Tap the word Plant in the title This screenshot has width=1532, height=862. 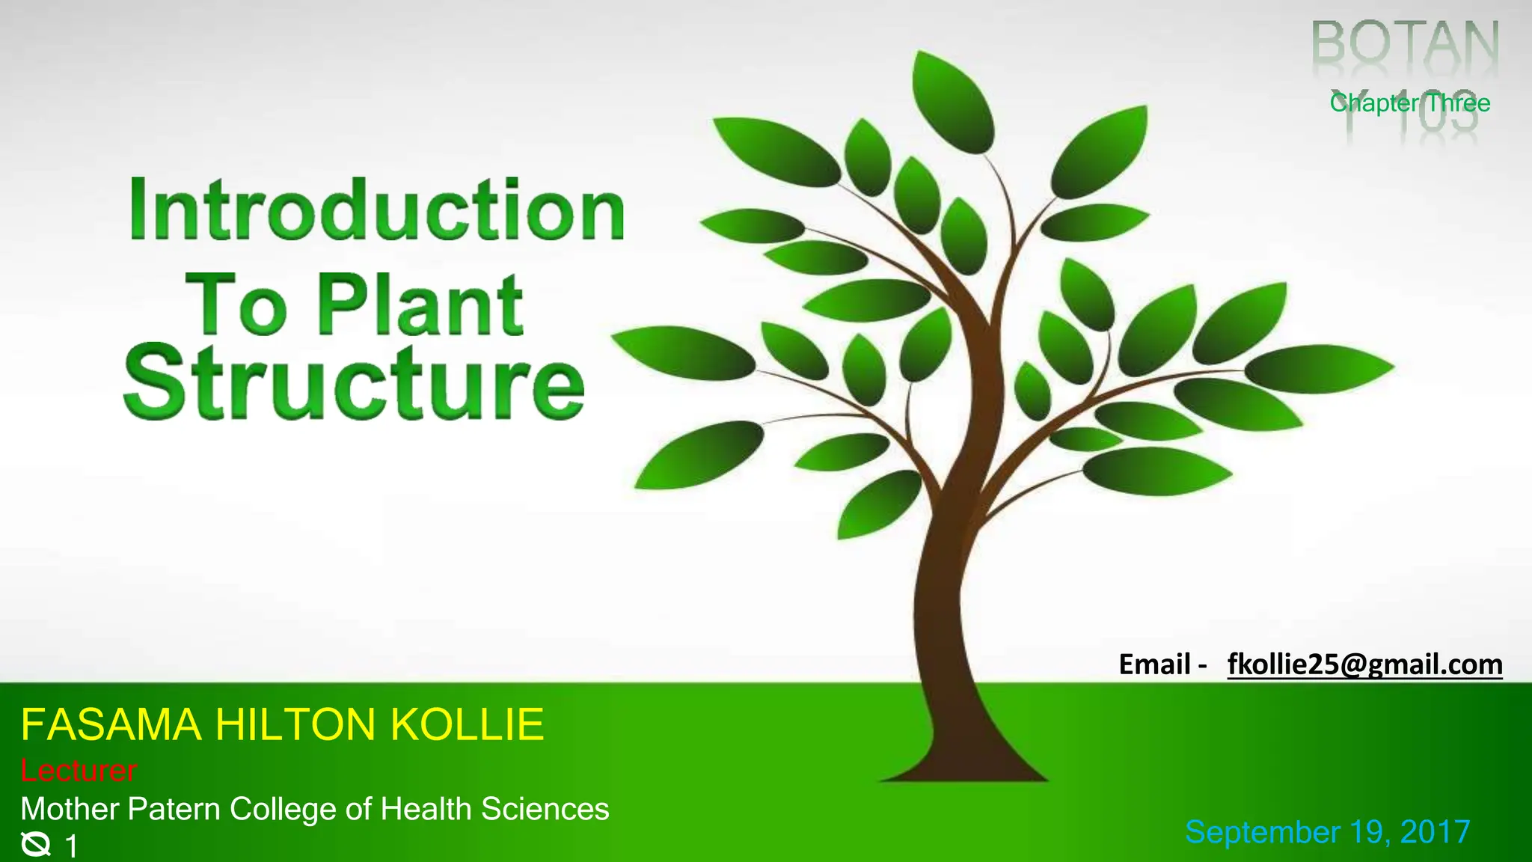click(x=420, y=305)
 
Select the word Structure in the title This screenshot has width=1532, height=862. click(x=354, y=383)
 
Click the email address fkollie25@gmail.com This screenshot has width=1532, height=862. click(x=1364, y=664)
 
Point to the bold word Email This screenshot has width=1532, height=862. click(x=1154, y=664)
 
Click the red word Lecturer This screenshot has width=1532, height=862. click(x=79, y=770)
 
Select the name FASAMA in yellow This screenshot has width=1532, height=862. click(x=111, y=724)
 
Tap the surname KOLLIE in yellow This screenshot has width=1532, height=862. click(x=467, y=724)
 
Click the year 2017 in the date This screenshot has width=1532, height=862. click(x=1435, y=832)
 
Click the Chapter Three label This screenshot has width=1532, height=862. click(x=1409, y=103)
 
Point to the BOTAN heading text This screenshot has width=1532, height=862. click(x=1406, y=45)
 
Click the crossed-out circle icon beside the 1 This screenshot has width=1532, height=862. click(x=35, y=845)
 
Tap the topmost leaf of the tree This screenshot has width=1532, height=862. click(x=953, y=101)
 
